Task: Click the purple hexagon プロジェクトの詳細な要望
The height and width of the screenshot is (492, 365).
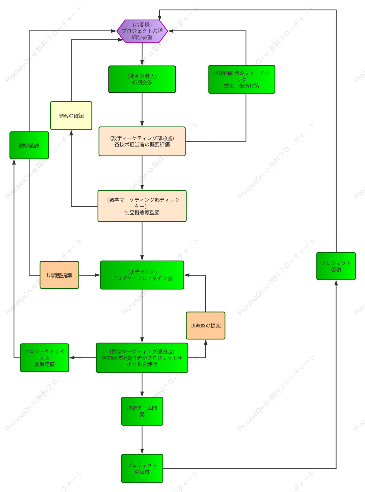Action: click(x=142, y=31)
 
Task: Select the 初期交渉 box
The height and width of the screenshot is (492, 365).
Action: click(x=142, y=79)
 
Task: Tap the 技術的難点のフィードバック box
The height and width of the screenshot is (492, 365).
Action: click(x=242, y=79)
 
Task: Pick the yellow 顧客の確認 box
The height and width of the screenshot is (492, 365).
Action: click(x=71, y=116)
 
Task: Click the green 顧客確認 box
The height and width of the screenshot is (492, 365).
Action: click(x=29, y=145)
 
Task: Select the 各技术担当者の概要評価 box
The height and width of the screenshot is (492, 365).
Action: click(x=142, y=141)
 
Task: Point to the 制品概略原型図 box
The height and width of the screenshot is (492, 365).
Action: click(x=142, y=206)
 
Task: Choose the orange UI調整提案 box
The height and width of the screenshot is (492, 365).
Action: click(x=59, y=275)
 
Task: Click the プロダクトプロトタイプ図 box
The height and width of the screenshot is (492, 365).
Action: click(x=142, y=275)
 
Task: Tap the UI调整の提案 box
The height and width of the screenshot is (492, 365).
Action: click(x=206, y=326)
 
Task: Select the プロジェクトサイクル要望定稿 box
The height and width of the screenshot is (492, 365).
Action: click(x=45, y=358)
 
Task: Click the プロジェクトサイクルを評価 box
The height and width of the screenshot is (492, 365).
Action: click(x=142, y=358)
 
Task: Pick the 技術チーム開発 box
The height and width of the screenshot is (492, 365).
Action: click(x=142, y=411)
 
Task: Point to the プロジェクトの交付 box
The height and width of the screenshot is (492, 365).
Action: click(x=142, y=468)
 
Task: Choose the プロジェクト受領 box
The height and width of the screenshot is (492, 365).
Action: click(x=336, y=266)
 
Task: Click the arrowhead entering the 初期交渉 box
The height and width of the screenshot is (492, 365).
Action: click(x=142, y=63)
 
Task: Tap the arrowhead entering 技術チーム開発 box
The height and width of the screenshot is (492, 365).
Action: click(x=142, y=394)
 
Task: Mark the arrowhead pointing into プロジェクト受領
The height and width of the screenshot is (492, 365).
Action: click(x=336, y=283)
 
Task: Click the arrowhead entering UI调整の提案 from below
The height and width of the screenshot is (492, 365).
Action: click(x=206, y=342)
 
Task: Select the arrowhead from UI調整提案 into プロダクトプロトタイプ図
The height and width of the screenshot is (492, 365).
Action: click(x=97, y=275)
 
